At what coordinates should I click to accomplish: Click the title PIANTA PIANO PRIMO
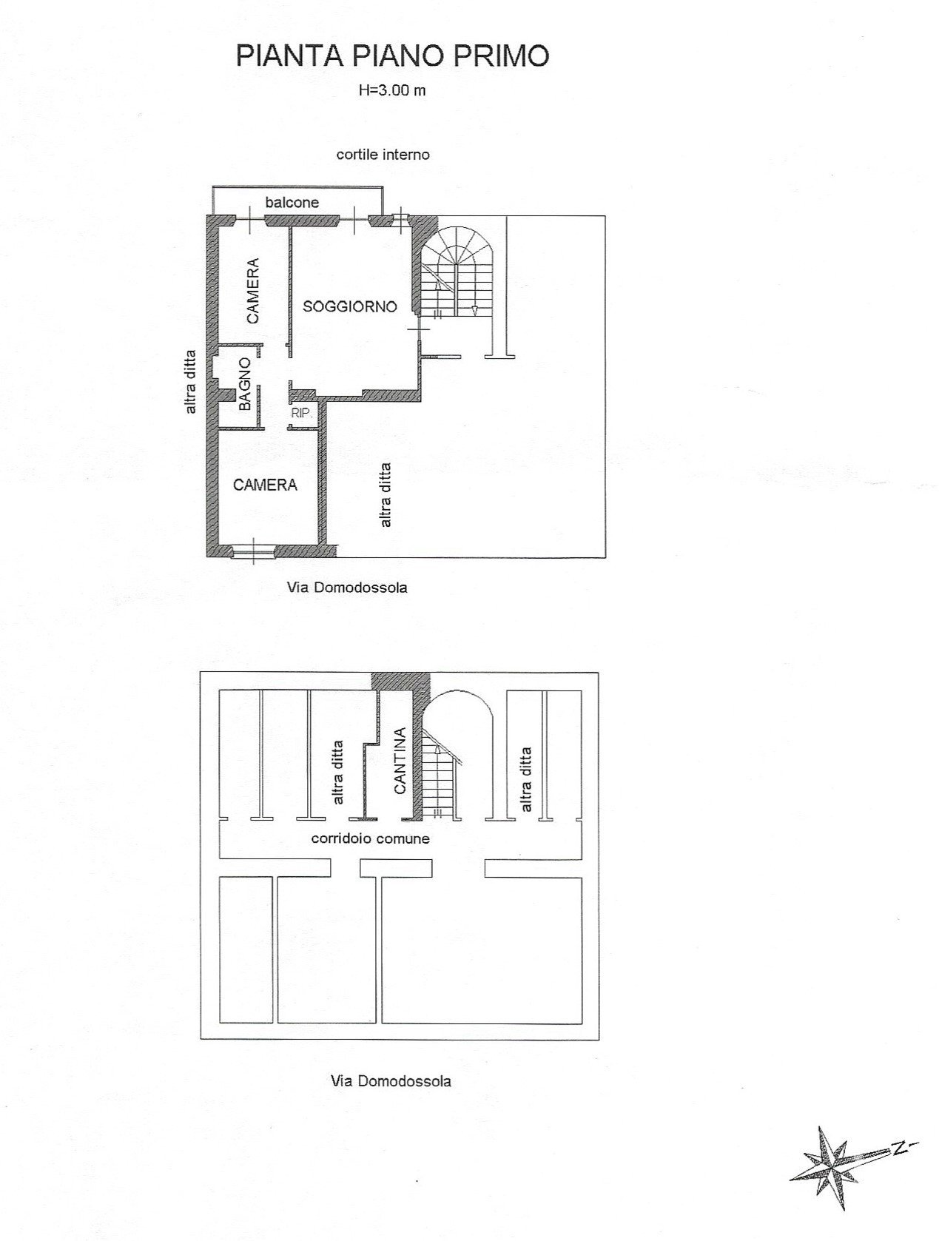tap(392, 56)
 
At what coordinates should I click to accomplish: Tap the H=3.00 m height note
tap(392, 90)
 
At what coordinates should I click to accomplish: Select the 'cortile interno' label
tap(383, 155)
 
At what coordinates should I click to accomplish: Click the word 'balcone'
tap(292, 203)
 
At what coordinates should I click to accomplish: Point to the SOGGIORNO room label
tap(350, 306)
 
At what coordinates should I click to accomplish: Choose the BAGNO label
tap(245, 384)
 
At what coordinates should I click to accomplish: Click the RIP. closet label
tap(301, 413)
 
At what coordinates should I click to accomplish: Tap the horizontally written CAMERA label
tap(265, 485)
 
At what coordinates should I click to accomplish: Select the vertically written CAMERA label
tap(253, 291)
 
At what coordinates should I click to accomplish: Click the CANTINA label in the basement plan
tap(400, 761)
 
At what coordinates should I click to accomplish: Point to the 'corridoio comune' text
tap(370, 838)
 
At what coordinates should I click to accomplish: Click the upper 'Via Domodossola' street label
tap(347, 588)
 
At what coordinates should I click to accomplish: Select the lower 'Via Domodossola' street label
tap(391, 1082)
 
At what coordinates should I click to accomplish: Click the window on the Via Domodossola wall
tap(253, 550)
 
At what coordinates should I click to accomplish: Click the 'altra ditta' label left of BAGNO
tap(190, 382)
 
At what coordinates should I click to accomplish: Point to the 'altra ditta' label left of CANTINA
tap(338, 773)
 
